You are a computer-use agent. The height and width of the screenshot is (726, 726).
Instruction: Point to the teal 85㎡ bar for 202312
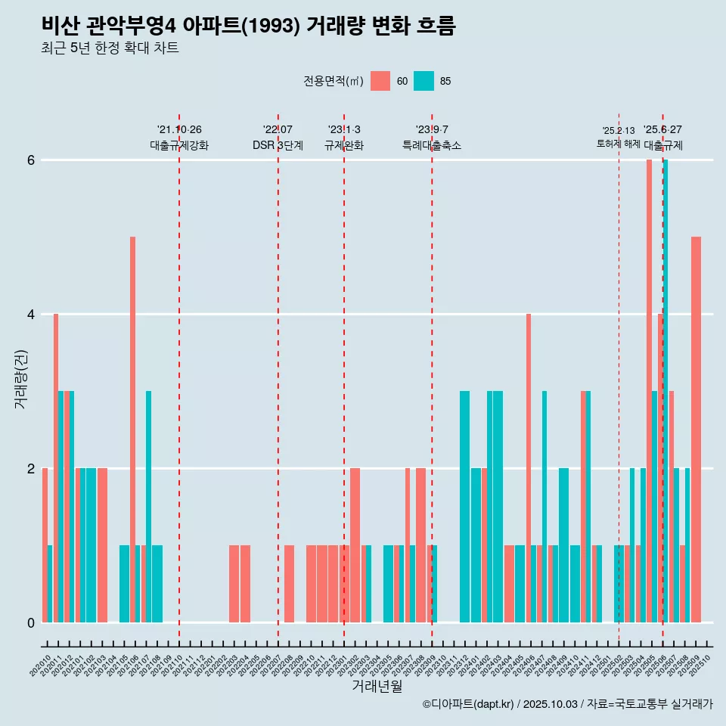pyautogui.click(x=464, y=506)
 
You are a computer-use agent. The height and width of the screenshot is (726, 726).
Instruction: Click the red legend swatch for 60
pyautogui.click(x=380, y=81)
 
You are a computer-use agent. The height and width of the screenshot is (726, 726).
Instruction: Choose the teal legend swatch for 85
pyautogui.click(x=423, y=81)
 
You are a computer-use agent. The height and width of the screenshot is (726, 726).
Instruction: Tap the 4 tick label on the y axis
pyautogui.click(x=31, y=314)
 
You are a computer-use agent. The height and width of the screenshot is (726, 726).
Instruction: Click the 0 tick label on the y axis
pyautogui.click(x=31, y=622)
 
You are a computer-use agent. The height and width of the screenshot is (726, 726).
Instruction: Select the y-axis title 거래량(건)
pyautogui.click(x=20, y=379)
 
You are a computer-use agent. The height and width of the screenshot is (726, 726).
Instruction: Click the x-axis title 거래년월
pyautogui.click(x=377, y=686)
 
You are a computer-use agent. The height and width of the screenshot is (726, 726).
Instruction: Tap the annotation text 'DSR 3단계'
pyautogui.click(x=278, y=145)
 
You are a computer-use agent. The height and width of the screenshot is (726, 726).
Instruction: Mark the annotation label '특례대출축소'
pyautogui.click(x=431, y=145)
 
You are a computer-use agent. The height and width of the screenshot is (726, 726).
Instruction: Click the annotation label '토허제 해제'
pyautogui.click(x=618, y=144)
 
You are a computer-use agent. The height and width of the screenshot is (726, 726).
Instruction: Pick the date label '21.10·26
pyautogui.click(x=179, y=129)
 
